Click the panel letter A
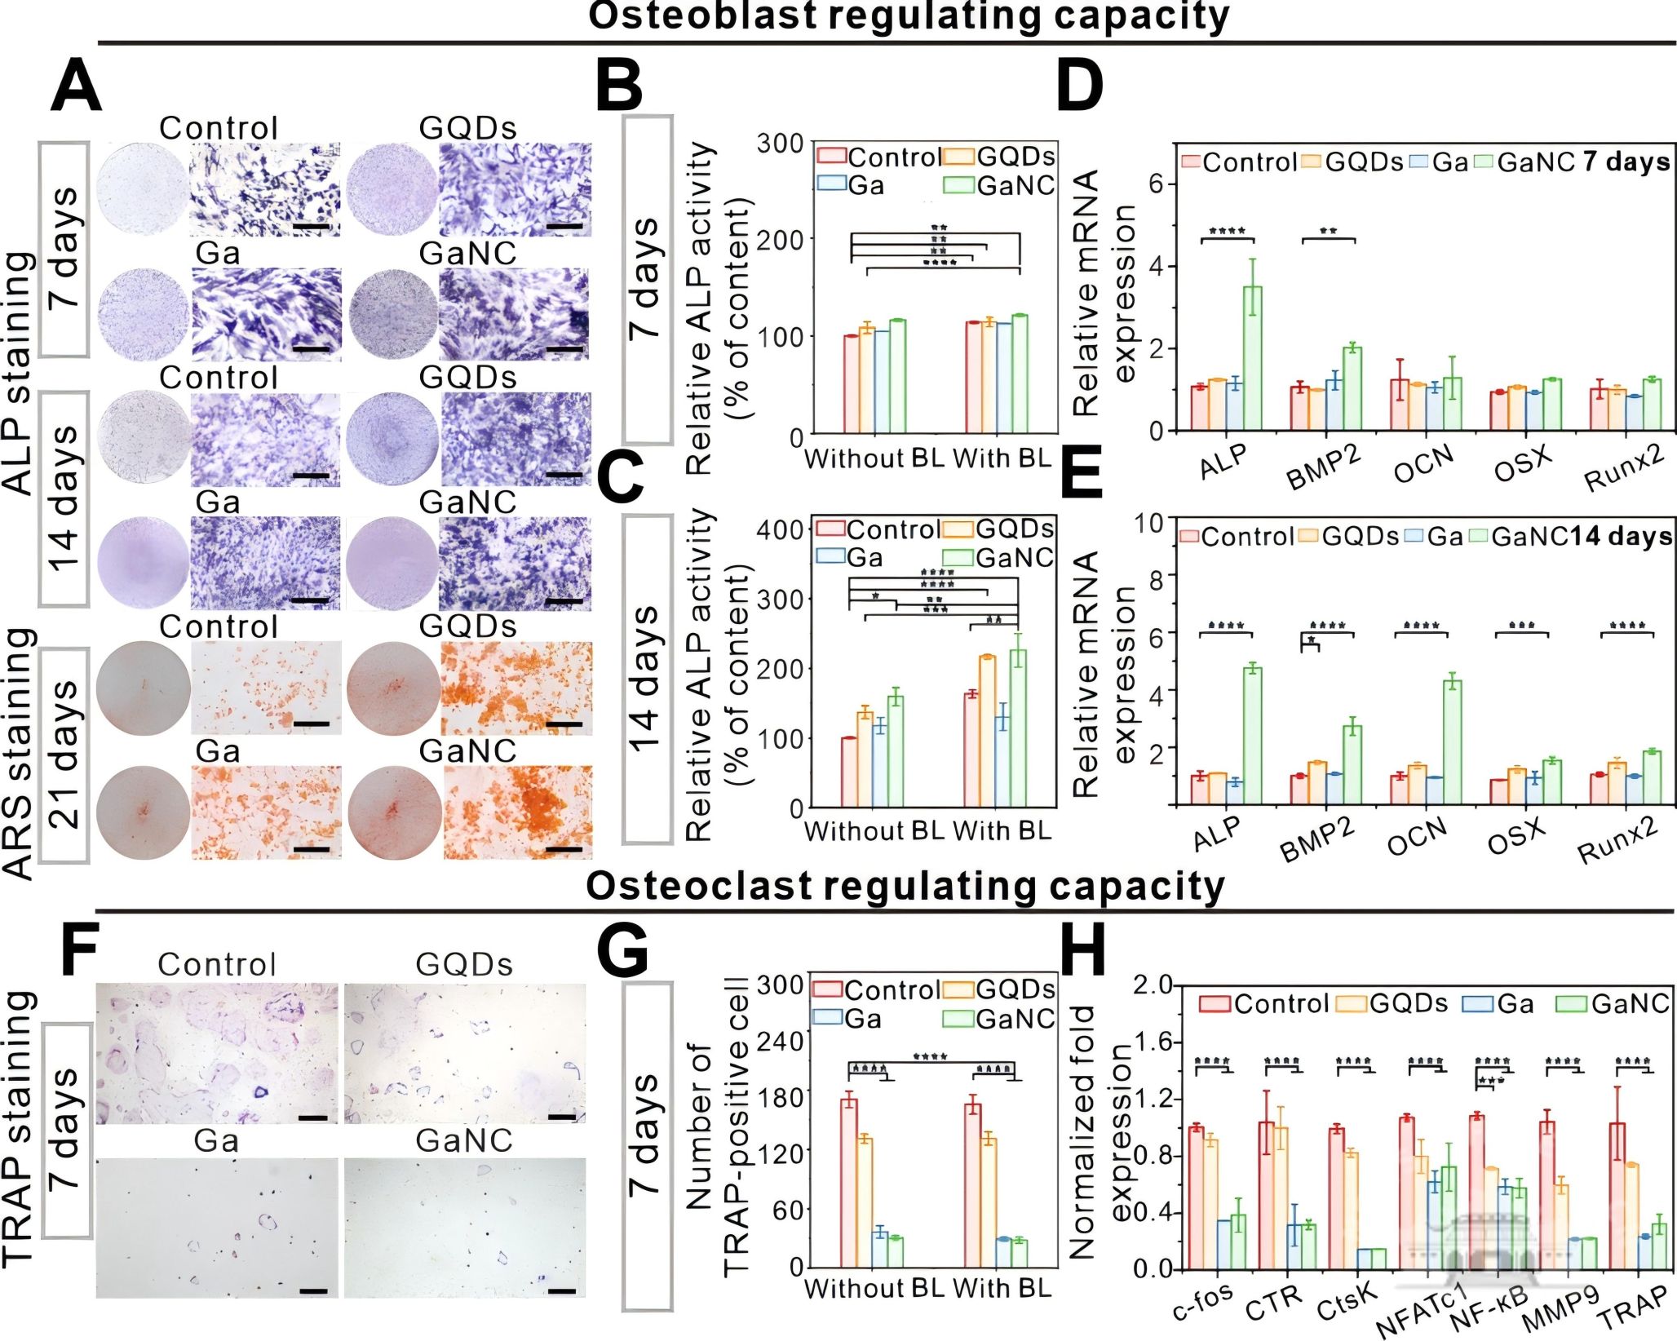(76, 87)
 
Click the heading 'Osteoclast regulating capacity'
(905, 886)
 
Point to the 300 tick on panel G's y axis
(780, 986)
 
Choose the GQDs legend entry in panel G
(999, 989)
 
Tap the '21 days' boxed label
(64, 755)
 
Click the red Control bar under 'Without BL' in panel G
(849, 1184)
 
